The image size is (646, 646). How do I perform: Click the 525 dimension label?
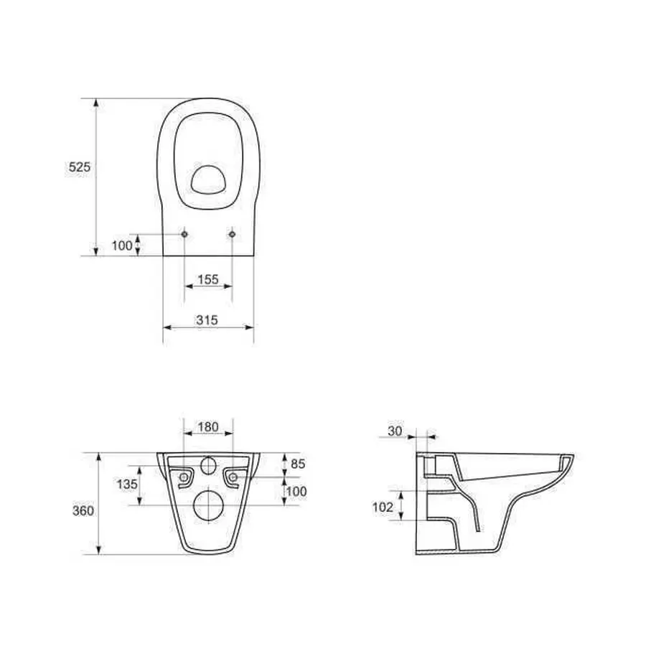tap(79, 167)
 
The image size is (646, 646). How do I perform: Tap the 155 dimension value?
tap(208, 279)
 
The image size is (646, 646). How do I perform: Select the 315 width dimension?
tap(207, 319)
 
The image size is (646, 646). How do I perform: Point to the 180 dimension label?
tap(208, 427)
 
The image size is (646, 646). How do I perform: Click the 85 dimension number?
tap(298, 464)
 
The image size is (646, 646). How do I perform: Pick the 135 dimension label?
tap(127, 484)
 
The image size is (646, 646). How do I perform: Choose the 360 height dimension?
tap(83, 511)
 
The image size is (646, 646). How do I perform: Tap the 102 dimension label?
tap(383, 507)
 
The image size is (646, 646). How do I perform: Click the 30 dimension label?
tap(395, 431)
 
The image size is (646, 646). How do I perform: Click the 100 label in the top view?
tap(122, 245)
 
